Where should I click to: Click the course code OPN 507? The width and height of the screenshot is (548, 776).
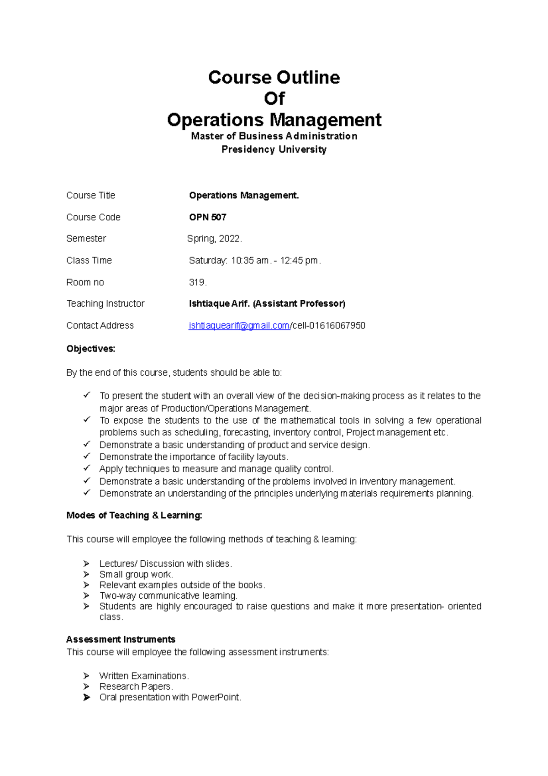[x=208, y=217]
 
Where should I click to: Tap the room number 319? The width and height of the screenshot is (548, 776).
[x=197, y=282]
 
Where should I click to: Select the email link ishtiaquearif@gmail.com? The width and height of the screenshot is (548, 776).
[x=239, y=325]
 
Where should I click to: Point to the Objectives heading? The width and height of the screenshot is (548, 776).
[x=91, y=349]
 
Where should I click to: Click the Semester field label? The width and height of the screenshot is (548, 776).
[x=86, y=239]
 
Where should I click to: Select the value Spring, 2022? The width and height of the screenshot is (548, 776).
[x=214, y=239]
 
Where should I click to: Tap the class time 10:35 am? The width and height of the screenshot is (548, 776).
[x=250, y=260]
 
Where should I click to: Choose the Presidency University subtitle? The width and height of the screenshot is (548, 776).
[x=274, y=149]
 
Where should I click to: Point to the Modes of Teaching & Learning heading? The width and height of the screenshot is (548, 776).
[x=134, y=516]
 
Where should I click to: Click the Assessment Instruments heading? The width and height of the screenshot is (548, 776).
[x=121, y=639]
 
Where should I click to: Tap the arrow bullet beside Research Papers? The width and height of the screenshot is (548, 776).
[x=86, y=686]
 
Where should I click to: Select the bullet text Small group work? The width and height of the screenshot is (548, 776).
[x=136, y=574]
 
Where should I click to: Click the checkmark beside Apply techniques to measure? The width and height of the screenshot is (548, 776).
[x=87, y=468]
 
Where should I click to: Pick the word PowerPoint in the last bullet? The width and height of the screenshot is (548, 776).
[x=216, y=697]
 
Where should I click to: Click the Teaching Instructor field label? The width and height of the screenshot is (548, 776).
[x=105, y=303]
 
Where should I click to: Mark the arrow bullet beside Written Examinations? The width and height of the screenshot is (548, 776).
[x=86, y=675]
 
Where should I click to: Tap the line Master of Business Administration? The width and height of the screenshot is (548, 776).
[x=274, y=136]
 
